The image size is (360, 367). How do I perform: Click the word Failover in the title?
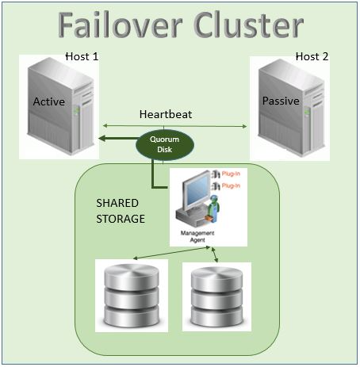pyautogui.click(x=121, y=25)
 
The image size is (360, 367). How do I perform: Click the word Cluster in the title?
pyautogui.click(x=249, y=25)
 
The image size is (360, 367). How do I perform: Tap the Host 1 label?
pyautogui.click(x=82, y=56)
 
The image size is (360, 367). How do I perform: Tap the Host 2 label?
pyautogui.click(x=312, y=56)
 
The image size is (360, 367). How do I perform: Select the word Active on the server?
pyautogui.click(x=49, y=101)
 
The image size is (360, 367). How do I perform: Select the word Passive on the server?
pyautogui.click(x=281, y=101)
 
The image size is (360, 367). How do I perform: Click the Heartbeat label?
pyautogui.click(x=166, y=114)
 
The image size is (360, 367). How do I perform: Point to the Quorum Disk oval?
pyautogui.click(x=165, y=144)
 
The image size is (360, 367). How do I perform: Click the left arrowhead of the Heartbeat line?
pyautogui.click(x=105, y=125)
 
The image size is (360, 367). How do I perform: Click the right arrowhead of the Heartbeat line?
pyautogui.click(x=244, y=126)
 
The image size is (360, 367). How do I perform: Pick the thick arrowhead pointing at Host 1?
pyautogui.click(x=102, y=138)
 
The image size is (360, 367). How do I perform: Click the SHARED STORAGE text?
pyautogui.click(x=121, y=211)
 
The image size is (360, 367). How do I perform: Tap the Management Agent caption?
pyautogui.click(x=197, y=236)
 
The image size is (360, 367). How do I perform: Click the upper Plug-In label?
pyautogui.click(x=231, y=174)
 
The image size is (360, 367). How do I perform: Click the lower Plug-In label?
pyautogui.click(x=231, y=185)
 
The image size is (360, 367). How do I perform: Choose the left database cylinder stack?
pyautogui.click(x=132, y=296)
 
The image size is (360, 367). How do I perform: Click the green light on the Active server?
pyautogui.click(x=76, y=109)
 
